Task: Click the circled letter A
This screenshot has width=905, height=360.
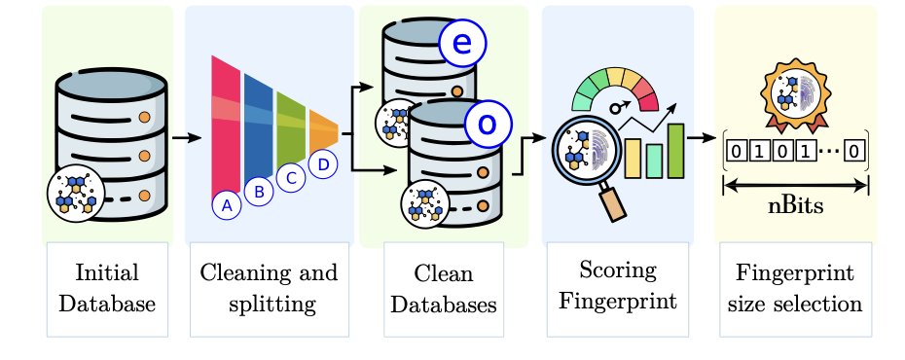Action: click(227, 205)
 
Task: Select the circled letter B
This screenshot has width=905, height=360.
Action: click(259, 192)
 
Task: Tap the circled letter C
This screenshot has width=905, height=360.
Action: click(290, 178)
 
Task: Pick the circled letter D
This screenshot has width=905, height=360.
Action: click(323, 164)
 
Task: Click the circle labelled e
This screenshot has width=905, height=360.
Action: click(462, 44)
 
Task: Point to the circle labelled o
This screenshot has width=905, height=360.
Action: click(489, 124)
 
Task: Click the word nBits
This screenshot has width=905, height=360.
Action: click(795, 206)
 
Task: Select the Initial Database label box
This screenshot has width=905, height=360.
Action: click(107, 289)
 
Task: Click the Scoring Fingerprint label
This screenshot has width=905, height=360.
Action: click(618, 285)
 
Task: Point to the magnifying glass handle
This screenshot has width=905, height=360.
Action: click(612, 202)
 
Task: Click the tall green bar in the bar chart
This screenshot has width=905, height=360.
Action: click(676, 151)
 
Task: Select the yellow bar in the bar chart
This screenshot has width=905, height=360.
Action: click(633, 158)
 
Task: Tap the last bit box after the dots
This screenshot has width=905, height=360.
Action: click(854, 151)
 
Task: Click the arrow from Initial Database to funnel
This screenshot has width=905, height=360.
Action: click(187, 138)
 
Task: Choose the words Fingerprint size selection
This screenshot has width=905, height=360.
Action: click(795, 288)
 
